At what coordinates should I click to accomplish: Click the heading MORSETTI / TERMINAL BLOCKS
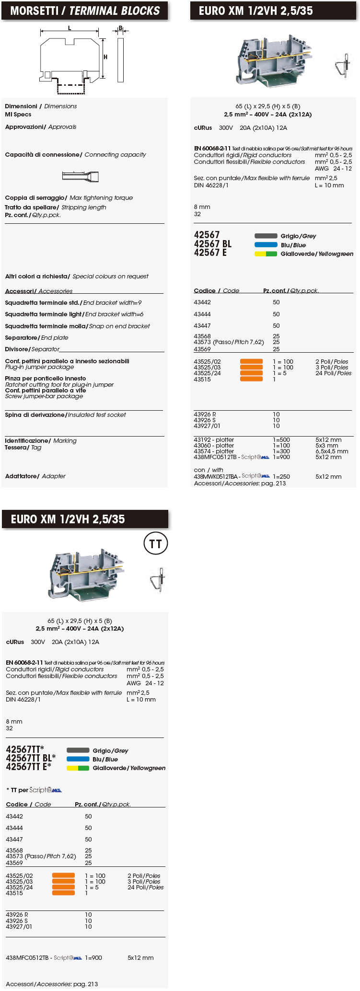[x=85, y=11]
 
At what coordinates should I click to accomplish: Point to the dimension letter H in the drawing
[x=105, y=57]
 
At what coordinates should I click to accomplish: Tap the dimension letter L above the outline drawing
[x=70, y=28]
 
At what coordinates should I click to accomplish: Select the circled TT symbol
[x=156, y=543]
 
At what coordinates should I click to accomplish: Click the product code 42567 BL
[x=212, y=244]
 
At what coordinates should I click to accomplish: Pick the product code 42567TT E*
[x=28, y=767]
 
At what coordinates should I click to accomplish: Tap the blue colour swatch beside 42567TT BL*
[x=78, y=759]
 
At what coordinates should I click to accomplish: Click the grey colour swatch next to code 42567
[x=266, y=236]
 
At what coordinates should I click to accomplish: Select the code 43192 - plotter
[x=214, y=439]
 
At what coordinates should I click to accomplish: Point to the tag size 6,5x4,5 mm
[x=332, y=451]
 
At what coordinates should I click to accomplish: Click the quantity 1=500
[x=281, y=439]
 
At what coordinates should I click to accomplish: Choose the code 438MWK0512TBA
[x=216, y=476]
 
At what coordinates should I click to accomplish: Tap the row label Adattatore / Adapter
[x=35, y=476]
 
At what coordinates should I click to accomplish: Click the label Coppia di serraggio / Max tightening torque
[x=69, y=197]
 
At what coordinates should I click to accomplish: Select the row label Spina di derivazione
[x=65, y=415]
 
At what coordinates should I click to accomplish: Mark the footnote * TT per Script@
[x=34, y=790]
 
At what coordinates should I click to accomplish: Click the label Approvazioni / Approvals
[x=40, y=127]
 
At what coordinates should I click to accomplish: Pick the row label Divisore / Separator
[x=32, y=349]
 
